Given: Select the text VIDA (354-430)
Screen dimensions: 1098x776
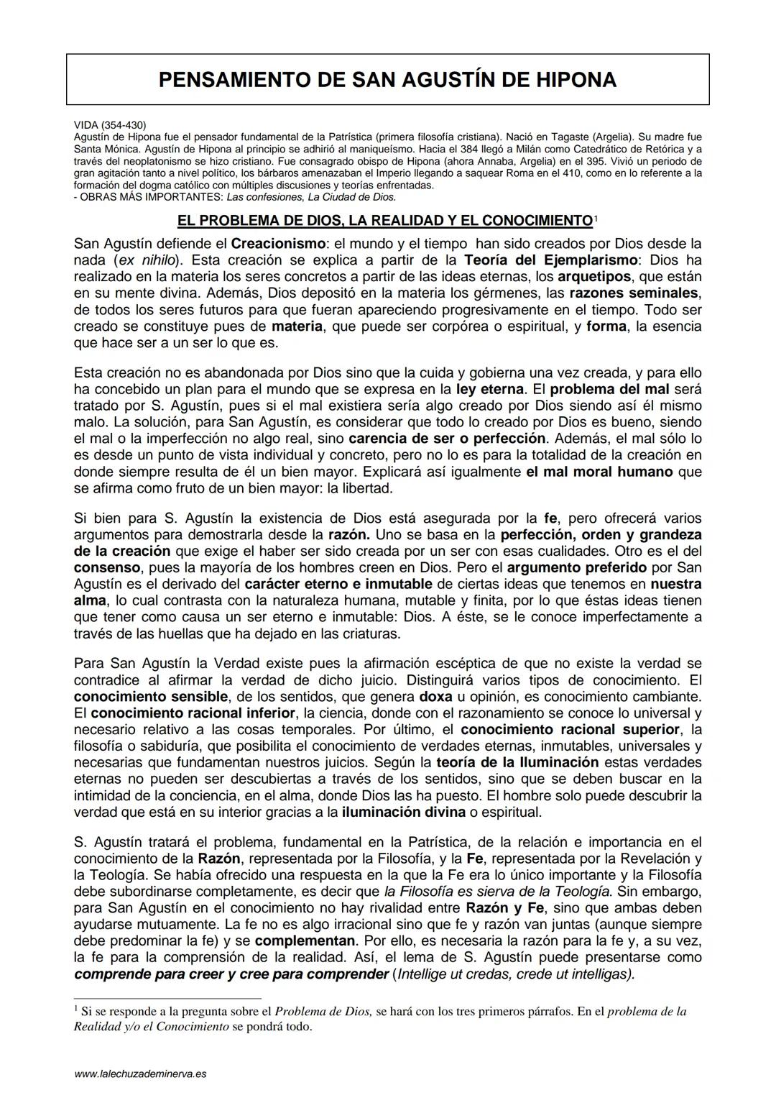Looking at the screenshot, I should pos(110,125).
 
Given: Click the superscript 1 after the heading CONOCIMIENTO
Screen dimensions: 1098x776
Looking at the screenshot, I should pos(596,218).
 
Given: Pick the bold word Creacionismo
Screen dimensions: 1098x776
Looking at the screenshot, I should pos(277,244).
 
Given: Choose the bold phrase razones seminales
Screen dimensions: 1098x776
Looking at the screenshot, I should pos(633,293).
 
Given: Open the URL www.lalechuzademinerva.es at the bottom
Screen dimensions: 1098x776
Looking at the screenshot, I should pos(140,1074).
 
